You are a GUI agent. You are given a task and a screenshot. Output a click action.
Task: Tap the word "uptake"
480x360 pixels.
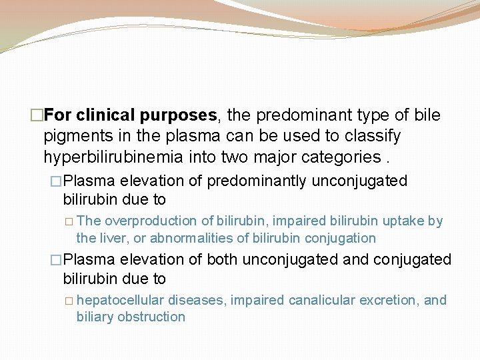407,221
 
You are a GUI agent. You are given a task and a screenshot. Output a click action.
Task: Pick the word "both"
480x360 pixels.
222,259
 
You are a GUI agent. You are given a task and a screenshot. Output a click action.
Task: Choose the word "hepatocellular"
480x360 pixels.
120,300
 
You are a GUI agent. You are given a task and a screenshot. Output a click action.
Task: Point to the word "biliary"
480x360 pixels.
95,317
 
